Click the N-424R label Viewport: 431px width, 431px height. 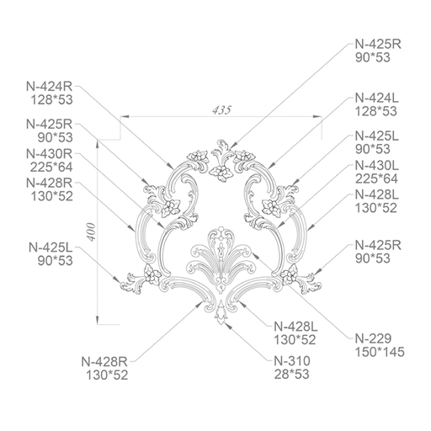[50, 87]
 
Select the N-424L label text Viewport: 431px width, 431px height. [377, 98]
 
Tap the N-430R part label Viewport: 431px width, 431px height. [50, 154]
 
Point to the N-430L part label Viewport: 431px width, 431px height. [377, 166]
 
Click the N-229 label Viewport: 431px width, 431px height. [373, 338]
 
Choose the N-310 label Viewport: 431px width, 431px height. [292, 361]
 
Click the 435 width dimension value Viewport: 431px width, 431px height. [221, 110]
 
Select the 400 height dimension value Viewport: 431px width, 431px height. [91, 232]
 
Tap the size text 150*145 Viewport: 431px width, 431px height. [380, 352]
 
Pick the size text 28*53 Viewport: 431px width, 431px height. [291, 375]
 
